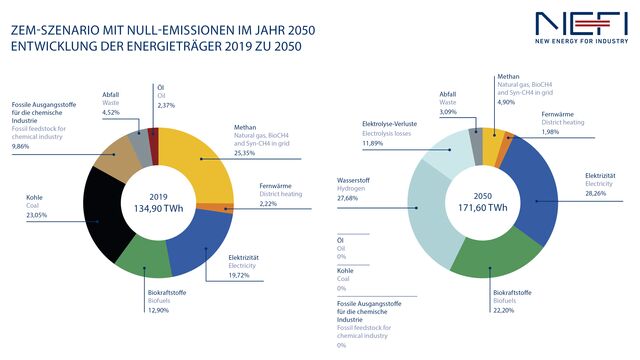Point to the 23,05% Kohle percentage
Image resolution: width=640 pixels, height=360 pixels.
click(39, 216)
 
